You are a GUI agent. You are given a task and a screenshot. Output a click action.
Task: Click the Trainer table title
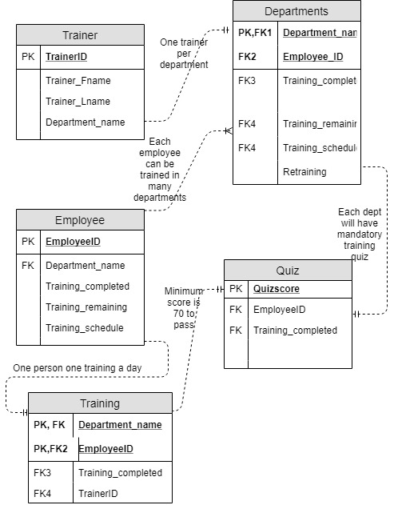pyautogui.click(x=80, y=35)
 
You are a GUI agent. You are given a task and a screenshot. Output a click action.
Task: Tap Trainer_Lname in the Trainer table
pyautogui.click(x=78, y=102)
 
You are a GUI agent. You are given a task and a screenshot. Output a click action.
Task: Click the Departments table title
pyautogui.click(x=296, y=11)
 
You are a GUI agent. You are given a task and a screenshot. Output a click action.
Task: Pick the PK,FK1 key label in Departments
pyautogui.click(x=255, y=33)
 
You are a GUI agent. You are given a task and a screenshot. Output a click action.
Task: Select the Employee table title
pyautogui.click(x=80, y=220)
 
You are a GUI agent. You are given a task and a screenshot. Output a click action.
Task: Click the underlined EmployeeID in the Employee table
pyautogui.click(x=73, y=241)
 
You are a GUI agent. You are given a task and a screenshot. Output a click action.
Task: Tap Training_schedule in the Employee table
pyautogui.click(x=85, y=327)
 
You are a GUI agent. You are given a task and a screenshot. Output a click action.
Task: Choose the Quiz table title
pyautogui.click(x=288, y=271)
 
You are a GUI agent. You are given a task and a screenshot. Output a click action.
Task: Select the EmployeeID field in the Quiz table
pyautogui.click(x=281, y=309)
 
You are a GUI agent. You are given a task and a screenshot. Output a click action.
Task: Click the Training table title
pyautogui.click(x=100, y=403)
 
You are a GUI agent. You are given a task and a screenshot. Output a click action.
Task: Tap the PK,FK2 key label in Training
pyautogui.click(x=50, y=448)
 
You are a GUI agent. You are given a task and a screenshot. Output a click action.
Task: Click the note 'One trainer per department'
pyautogui.click(x=185, y=53)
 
